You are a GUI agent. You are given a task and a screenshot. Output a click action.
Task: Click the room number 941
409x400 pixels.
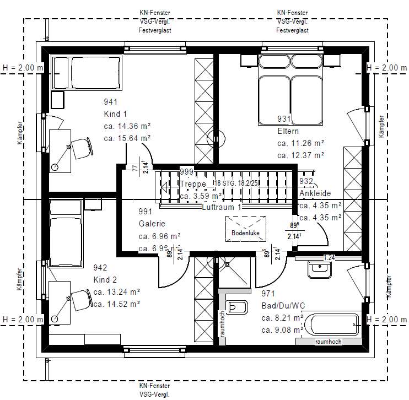111,102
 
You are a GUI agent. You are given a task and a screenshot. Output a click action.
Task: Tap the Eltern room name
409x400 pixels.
288,132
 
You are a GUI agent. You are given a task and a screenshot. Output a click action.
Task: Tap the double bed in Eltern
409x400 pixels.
290,93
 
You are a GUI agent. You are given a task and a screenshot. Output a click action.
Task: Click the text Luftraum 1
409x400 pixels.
222,207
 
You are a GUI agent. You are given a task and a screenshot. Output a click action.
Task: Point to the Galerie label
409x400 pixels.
152,224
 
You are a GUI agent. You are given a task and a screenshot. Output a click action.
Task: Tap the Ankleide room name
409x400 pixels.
315,193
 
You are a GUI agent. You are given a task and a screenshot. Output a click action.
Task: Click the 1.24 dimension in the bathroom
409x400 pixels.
329,257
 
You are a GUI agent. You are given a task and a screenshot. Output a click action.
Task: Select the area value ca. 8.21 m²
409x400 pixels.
282,318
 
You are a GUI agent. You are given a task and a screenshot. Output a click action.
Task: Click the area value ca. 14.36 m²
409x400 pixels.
127,126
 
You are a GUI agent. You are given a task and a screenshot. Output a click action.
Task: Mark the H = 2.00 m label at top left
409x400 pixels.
23,68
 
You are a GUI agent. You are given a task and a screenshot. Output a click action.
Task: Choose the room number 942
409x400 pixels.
100,268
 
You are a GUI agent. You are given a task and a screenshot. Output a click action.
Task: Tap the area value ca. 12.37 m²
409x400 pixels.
300,155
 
